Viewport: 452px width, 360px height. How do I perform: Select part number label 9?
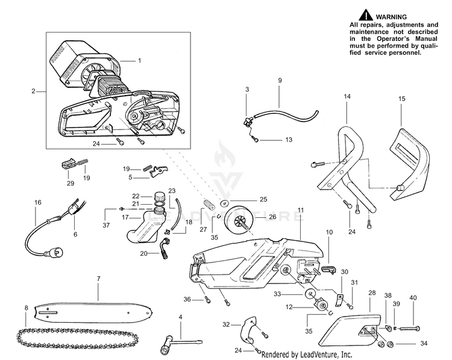point(280,80)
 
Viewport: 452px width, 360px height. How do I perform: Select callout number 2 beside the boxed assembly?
point(34,92)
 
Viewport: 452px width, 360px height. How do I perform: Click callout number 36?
point(187,299)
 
